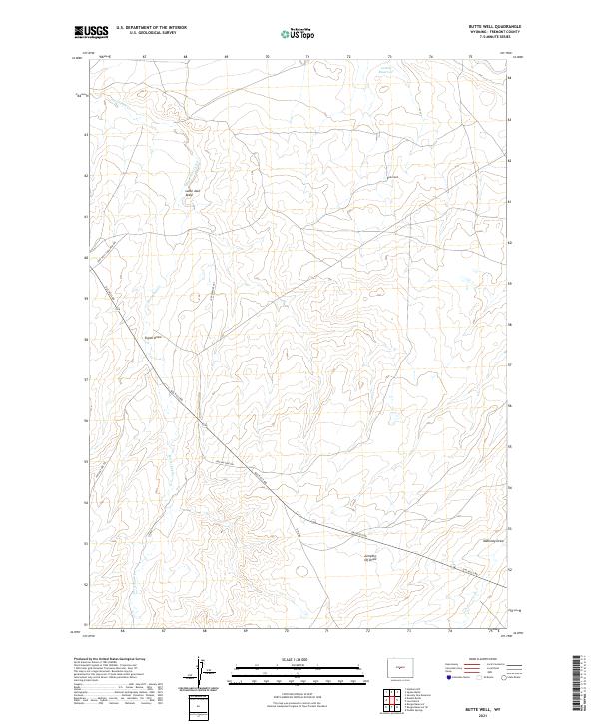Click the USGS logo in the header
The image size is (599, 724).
(x=91, y=33)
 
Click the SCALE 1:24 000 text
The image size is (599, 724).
(x=299, y=656)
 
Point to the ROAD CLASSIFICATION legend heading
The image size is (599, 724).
(x=473, y=659)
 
